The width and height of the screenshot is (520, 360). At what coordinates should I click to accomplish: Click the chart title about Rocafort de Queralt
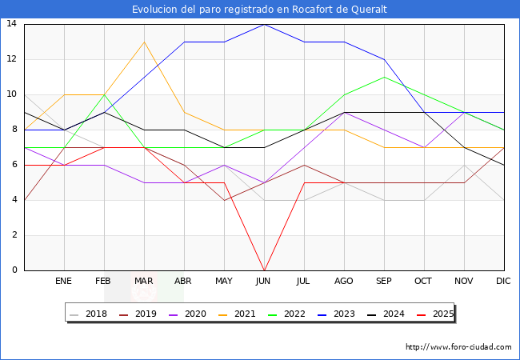click(x=260, y=9)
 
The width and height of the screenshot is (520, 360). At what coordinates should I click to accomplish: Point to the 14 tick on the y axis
click(x=12, y=24)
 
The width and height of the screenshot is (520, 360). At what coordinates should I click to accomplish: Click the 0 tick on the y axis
click(x=14, y=270)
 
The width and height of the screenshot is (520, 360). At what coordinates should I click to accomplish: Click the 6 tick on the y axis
click(x=14, y=165)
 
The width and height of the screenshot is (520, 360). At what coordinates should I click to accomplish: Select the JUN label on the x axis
click(x=264, y=282)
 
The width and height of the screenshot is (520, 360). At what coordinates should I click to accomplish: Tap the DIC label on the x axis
click(x=503, y=282)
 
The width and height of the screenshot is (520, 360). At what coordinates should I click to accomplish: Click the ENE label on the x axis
click(x=64, y=282)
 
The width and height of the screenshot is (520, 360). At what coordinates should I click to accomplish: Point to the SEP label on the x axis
click(x=384, y=282)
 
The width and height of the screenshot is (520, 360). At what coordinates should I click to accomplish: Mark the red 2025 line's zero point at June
click(x=264, y=270)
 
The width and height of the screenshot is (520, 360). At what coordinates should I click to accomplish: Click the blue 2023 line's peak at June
click(x=264, y=24)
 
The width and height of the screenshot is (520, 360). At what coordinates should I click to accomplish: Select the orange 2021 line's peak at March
click(x=144, y=42)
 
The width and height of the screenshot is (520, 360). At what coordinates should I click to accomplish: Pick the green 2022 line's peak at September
click(x=384, y=77)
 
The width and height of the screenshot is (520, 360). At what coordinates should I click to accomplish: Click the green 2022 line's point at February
click(x=104, y=94)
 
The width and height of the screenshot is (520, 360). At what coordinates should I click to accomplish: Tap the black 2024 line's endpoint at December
click(x=504, y=165)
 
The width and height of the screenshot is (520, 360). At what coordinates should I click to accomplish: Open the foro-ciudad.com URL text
click(x=458, y=347)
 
